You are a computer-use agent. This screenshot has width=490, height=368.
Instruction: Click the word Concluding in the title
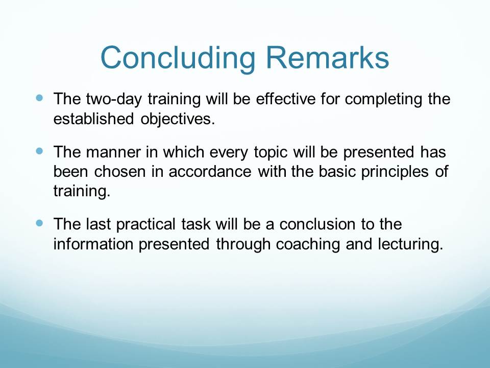178,58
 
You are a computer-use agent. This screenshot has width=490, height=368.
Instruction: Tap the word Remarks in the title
327,57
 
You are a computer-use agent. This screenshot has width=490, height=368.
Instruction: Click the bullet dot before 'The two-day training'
39,98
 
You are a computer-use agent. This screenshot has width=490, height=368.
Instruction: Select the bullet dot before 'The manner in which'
39,151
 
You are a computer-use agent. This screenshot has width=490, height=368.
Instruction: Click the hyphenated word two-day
114,99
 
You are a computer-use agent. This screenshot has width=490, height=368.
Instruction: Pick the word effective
286,99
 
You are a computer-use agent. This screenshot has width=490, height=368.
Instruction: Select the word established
93,119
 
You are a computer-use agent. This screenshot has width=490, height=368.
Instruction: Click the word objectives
178,119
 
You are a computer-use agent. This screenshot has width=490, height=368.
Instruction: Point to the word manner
113,152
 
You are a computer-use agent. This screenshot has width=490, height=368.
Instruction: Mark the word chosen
119,172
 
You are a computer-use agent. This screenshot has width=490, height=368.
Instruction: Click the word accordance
210,172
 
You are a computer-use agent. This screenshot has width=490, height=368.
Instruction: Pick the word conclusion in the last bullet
317,224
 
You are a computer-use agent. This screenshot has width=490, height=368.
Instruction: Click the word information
93,244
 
